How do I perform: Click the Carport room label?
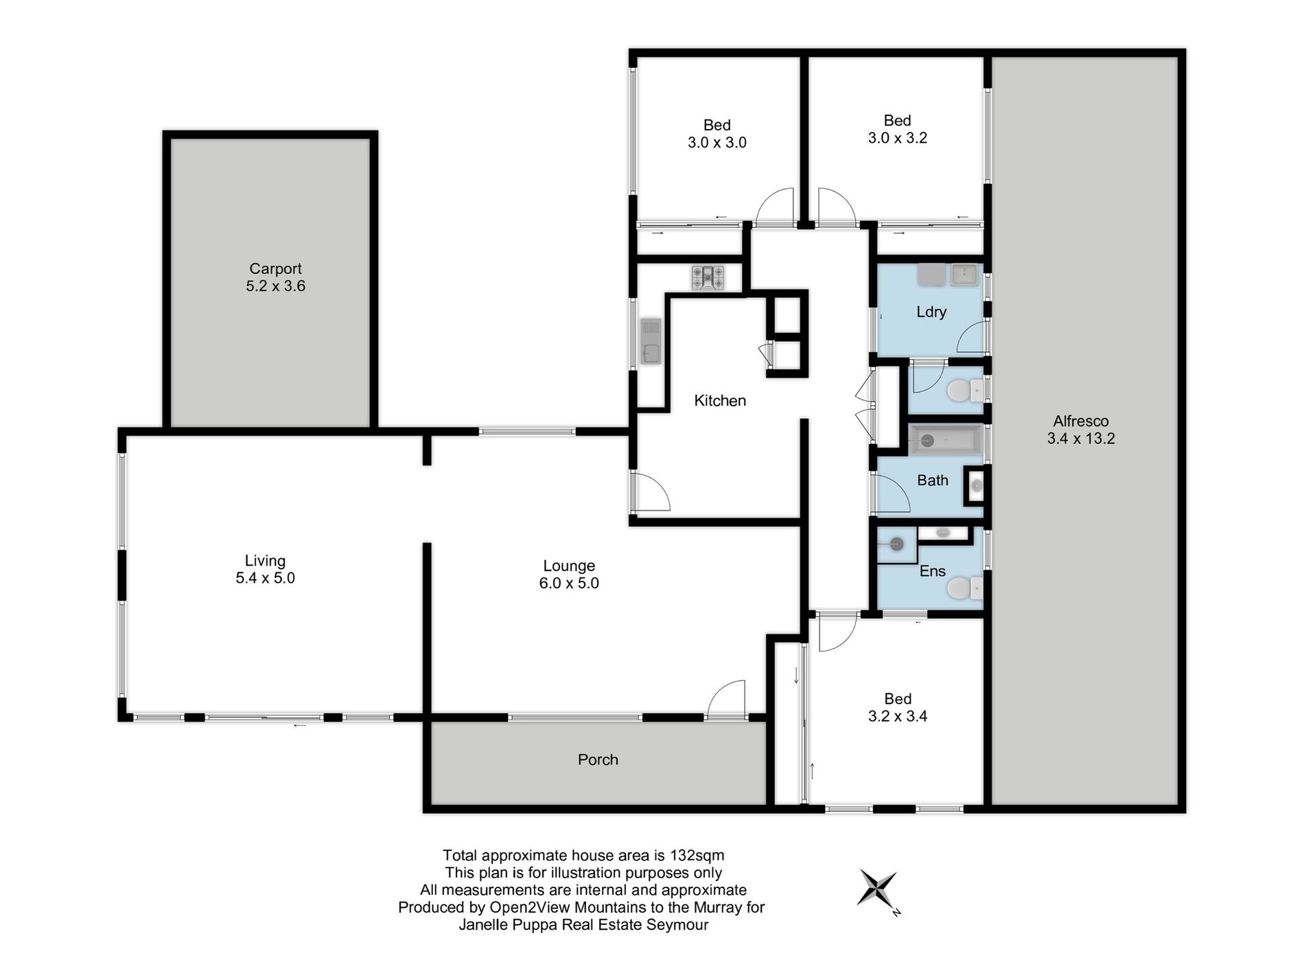275,268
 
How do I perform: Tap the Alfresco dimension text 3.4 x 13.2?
1081,439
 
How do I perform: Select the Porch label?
598,760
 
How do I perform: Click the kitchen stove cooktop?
708,278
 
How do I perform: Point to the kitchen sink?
650,341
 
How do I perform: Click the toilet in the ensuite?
964,588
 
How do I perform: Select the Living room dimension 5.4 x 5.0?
265,578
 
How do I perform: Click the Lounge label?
569,566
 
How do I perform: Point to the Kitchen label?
720,401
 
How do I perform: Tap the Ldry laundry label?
931,312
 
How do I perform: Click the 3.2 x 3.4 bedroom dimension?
898,717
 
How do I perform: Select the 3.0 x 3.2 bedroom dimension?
898,138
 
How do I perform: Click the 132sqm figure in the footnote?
697,856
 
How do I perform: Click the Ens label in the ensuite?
933,571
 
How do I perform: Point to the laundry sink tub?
965,275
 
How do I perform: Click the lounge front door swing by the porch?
726,697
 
